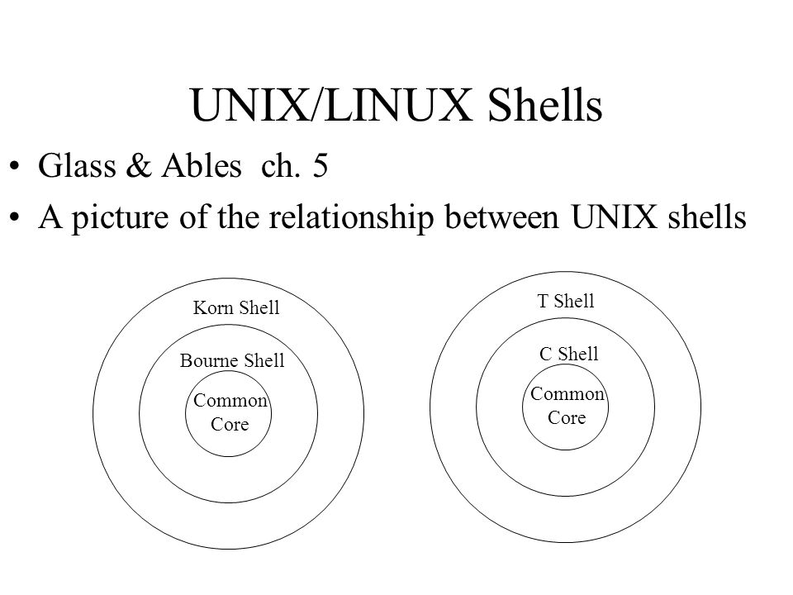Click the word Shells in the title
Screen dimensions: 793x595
point(544,105)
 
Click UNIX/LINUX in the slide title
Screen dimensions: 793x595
point(331,105)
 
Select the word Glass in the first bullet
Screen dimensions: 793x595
point(77,165)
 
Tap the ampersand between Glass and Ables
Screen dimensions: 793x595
point(139,165)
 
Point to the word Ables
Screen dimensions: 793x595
point(202,165)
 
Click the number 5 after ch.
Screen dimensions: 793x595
point(321,166)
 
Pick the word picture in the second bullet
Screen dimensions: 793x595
point(120,218)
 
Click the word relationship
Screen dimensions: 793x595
point(351,218)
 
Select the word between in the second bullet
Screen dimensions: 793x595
point(501,217)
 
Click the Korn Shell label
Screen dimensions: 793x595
point(236,307)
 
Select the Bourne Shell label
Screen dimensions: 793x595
point(232,360)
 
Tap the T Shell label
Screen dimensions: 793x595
point(565,301)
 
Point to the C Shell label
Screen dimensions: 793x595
point(568,354)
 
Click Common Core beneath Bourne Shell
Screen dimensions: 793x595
point(230,412)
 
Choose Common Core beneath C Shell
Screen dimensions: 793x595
point(567,406)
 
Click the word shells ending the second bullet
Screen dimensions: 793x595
point(707,217)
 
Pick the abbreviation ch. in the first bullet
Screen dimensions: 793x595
point(281,165)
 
